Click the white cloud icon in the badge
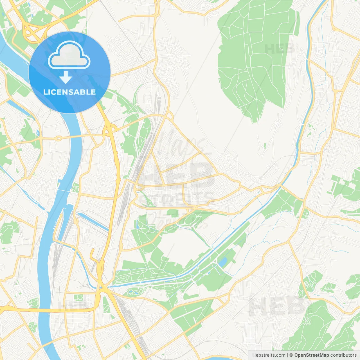click(69, 55)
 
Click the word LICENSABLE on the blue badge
click(69, 92)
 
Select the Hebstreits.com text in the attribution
click(269, 355)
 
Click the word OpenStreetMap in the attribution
click(312, 355)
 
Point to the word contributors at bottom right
click(343, 355)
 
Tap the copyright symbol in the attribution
click(291, 355)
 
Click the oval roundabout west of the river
click(58, 138)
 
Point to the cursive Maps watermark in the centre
click(180, 146)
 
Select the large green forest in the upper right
click(253, 56)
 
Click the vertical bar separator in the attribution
click(287, 355)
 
